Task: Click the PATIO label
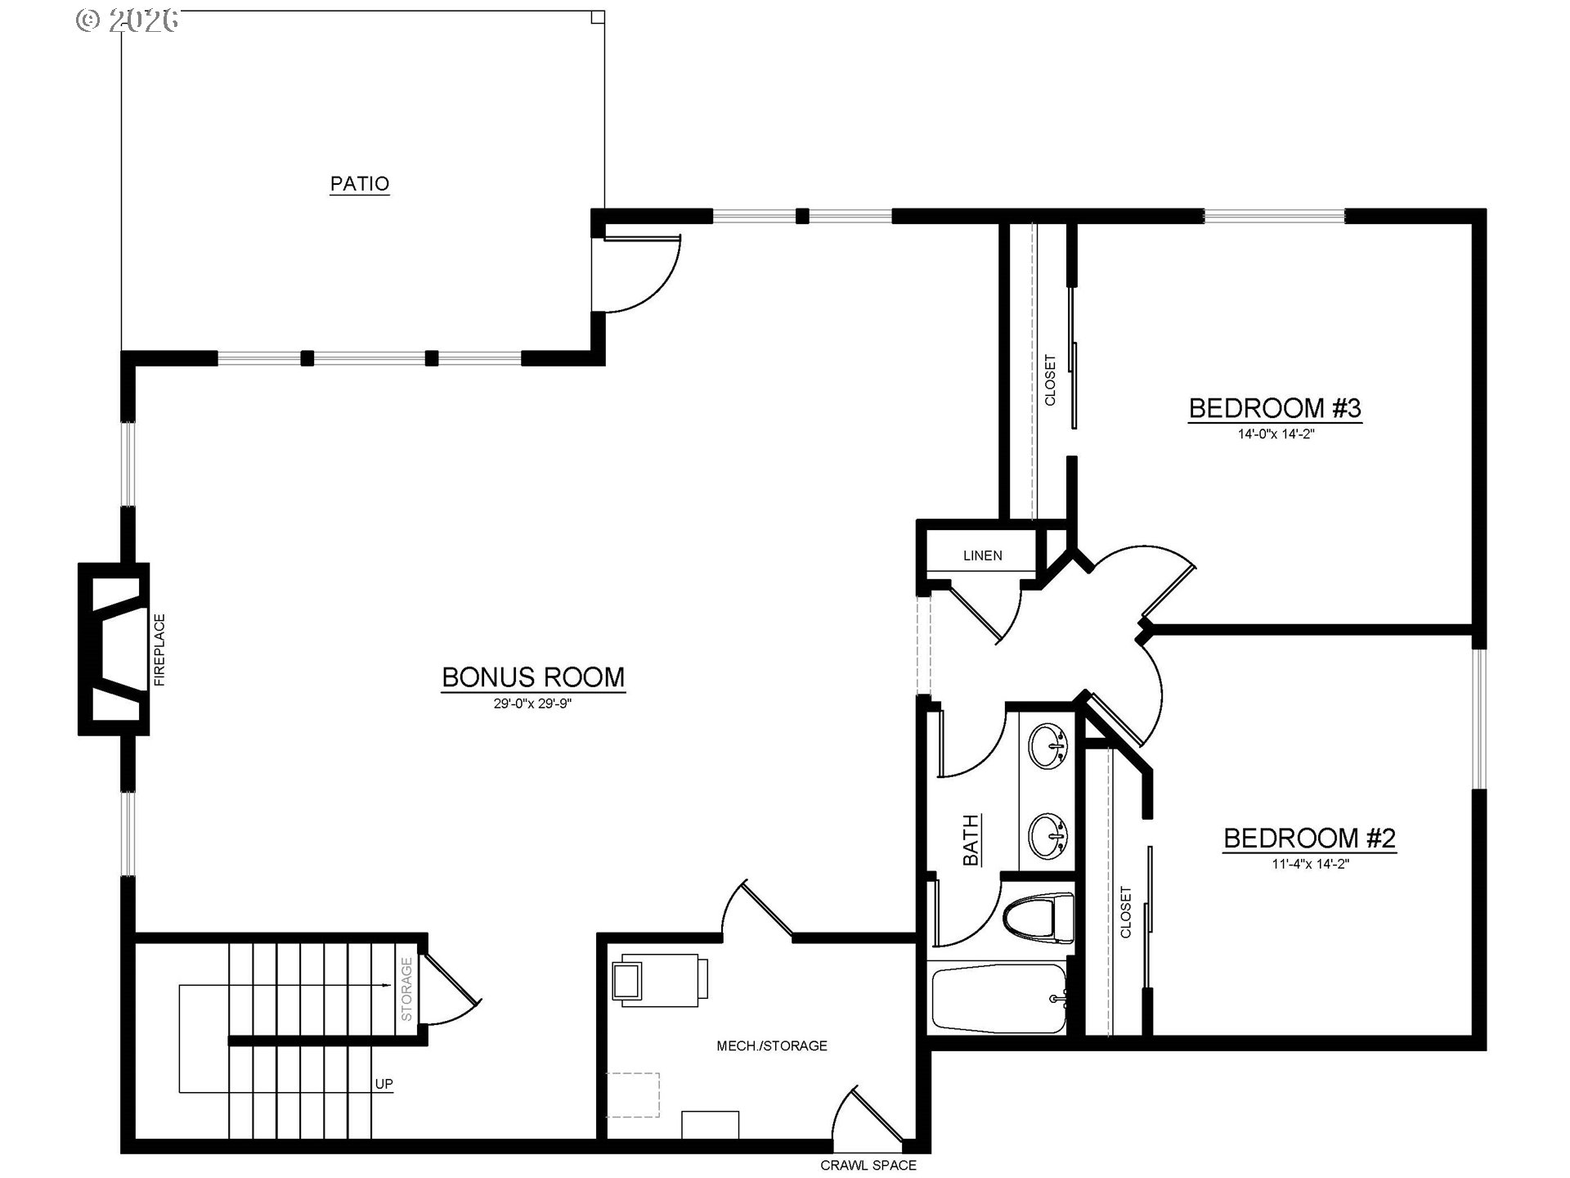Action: (x=360, y=183)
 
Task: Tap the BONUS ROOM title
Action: (x=533, y=677)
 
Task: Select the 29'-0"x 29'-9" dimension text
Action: (x=532, y=704)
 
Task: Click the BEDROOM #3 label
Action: (x=1275, y=408)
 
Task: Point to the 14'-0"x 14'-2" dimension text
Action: (x=1276, y=434)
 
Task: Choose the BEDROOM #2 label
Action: (x=1309, y=839)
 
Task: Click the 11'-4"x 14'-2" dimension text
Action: (x=1310, y=864)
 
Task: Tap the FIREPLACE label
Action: (x=159, y=650)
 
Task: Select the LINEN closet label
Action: (x=982, y=555)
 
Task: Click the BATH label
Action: (x=971, y=839)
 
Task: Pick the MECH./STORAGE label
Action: (x=772, y=1045)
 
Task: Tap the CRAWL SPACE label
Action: (x=868, y=1165)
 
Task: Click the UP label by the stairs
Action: (x=384, y=1084)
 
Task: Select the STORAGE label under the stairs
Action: (x=406, y=989)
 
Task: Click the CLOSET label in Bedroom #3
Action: (x=1050, y=380)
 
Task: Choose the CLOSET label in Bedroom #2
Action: (x=1126, y=912)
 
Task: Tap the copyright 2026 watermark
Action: (x=127, y=20)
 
